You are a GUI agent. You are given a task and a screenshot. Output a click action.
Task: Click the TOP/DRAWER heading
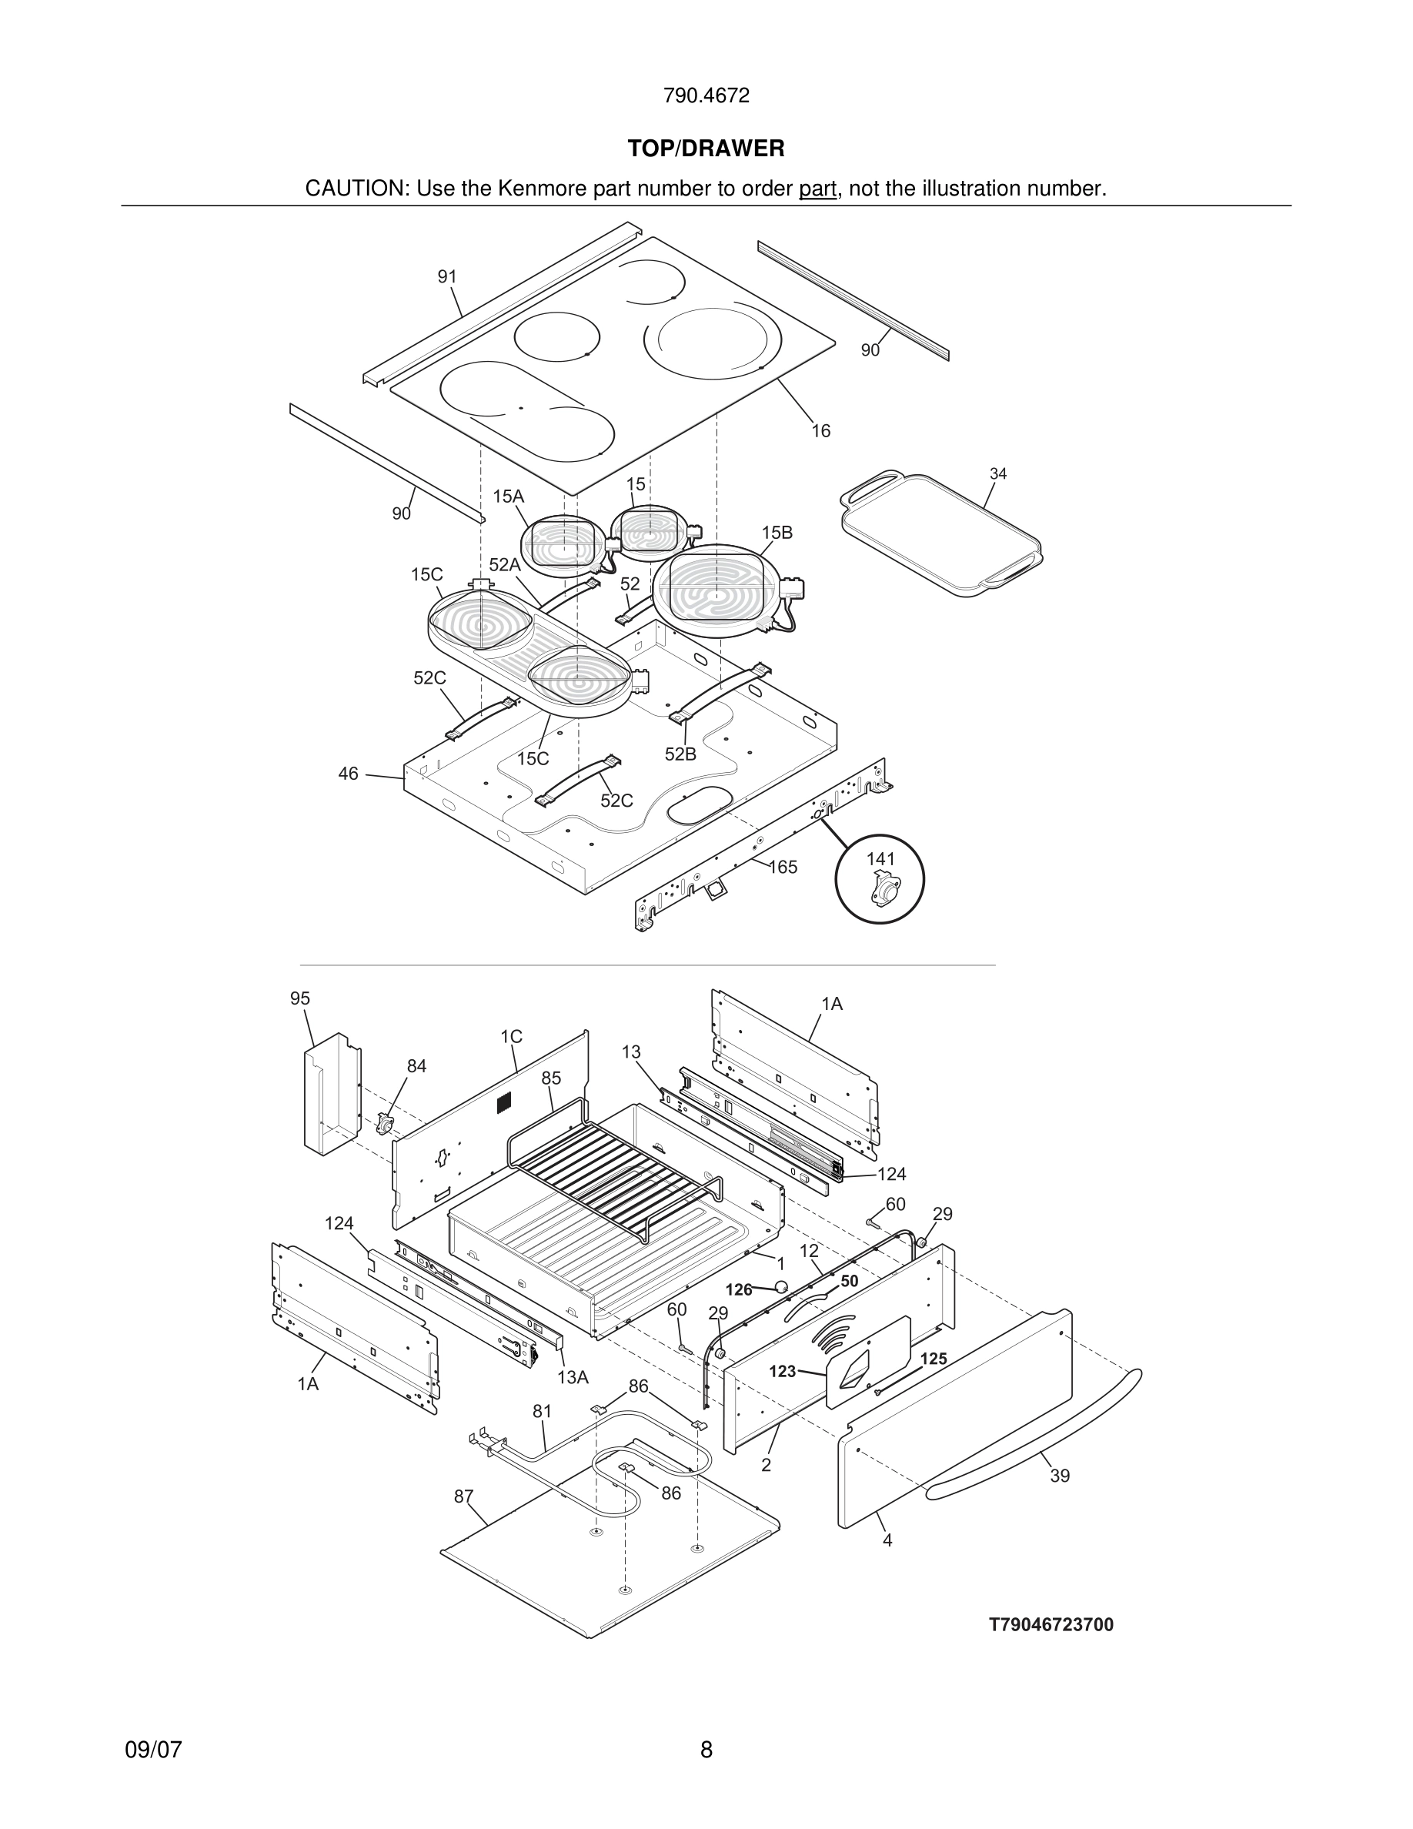[x=706, y=149]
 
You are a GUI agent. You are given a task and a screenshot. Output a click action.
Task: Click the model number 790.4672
[x=706, y=96]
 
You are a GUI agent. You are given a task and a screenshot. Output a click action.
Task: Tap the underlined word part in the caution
[x=817, y=189]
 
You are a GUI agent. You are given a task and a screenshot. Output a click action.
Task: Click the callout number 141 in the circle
[x=880, y=858]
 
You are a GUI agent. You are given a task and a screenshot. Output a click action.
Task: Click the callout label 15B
[x=777, y=533]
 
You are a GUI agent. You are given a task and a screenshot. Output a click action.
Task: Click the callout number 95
[x=299, y=998]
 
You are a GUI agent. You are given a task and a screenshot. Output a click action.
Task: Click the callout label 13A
[x=573, y=1378]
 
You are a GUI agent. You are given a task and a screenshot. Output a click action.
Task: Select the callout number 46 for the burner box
[x=348, y=774]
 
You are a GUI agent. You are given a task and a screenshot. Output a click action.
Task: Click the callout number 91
[x=447, y=276]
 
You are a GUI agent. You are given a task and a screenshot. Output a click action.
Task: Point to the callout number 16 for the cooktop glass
[x=820, y=430]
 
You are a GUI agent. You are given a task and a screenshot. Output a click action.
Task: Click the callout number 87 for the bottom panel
[x=464, y=1496]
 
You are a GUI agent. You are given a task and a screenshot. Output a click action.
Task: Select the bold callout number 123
[x=782, y=1371]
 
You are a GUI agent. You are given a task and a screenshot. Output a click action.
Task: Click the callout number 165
[x=783, y=867]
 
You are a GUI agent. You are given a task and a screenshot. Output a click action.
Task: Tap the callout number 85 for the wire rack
[x=551, y=1078]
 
